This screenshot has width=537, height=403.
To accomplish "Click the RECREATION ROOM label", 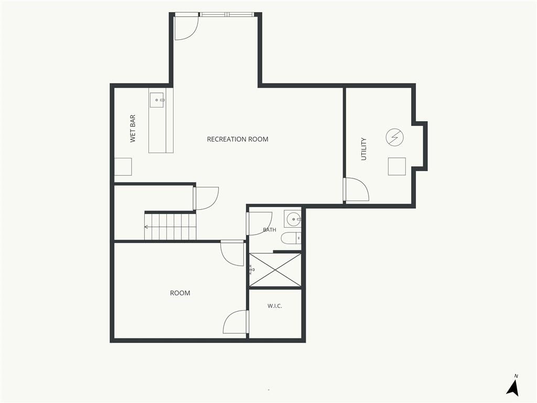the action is coord(238,139).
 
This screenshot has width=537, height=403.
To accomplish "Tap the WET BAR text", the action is coord(133,129).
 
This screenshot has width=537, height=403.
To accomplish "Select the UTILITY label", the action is coord(364,149).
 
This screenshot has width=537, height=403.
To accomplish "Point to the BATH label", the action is coord(270,230).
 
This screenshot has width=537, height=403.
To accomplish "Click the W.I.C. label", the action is coord(275,306).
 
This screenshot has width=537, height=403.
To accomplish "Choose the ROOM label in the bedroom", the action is coord(180,293).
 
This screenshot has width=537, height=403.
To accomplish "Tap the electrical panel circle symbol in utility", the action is coord(394,137).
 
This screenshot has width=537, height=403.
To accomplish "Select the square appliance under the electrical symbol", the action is coord(397,166).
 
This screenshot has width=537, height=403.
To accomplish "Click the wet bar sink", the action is coord(156,100).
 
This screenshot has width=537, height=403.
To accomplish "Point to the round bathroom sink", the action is coord(293,219).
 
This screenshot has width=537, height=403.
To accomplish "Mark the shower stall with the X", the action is coord(275,270).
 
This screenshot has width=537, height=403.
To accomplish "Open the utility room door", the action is coord(356,189).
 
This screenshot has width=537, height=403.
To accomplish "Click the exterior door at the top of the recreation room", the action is coord(187,27).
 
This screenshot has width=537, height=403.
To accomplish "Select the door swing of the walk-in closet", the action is coord(235,322).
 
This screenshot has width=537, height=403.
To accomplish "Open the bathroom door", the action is coord(259,224).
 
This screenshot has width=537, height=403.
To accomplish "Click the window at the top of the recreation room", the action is coord(228,14).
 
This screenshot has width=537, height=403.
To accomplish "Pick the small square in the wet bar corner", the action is coord(123,167).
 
